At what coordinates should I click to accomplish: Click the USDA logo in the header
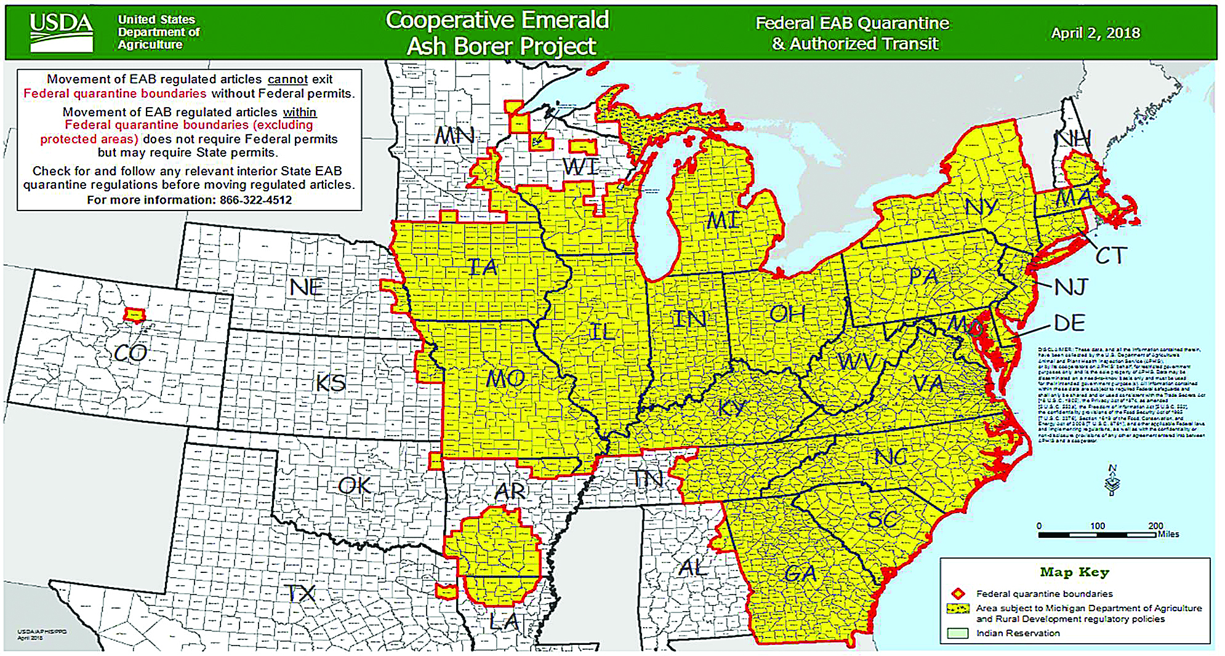61,31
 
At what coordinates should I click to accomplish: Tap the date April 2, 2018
1095,33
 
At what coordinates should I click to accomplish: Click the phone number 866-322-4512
255,200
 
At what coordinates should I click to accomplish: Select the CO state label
131,353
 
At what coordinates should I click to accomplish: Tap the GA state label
800,574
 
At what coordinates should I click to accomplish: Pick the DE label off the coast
1070,323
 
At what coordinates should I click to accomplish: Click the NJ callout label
1071,287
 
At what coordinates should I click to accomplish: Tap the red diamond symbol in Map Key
958,594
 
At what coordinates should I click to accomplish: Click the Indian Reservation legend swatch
958,633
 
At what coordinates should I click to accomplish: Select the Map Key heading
1074,572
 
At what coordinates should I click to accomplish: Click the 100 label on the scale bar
1098,526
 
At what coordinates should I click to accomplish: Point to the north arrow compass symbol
1112,481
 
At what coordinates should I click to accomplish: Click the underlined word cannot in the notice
287,79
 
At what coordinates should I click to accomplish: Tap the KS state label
331,383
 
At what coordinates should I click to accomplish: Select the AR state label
510,491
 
